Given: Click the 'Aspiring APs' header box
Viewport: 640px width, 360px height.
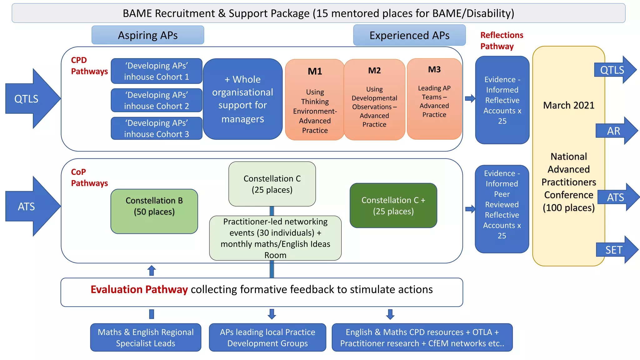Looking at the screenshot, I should click(147, 35).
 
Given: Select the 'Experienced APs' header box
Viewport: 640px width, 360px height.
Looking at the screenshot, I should click(409, 35).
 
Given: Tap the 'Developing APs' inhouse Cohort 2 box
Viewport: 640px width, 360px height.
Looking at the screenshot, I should click(156, 100).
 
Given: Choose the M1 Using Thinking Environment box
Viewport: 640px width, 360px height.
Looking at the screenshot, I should click(314, 100).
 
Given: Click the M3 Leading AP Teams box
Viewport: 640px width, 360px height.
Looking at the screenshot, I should click(434, 99).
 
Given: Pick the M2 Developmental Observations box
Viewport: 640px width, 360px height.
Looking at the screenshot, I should click(374, 100).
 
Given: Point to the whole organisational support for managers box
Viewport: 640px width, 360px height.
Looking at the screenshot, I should click(242, 99).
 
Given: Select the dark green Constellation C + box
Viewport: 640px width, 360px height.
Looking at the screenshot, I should click(393, 205).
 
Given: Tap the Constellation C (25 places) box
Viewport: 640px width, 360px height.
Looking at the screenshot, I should click(272, 184).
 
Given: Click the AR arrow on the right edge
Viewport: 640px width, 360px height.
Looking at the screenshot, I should click(616, 131).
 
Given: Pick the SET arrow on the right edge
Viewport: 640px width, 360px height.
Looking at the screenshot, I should click(616, 250).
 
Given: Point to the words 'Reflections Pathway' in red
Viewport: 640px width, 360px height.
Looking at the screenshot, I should click(501, 41).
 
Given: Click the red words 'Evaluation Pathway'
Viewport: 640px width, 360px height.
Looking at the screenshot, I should click(139, 289).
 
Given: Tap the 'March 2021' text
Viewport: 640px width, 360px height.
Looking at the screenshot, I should click(568, 105).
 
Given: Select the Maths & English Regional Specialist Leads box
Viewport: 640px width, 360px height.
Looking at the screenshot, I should click(146, 337).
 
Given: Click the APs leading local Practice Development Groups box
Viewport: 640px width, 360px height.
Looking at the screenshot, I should click(267, 337).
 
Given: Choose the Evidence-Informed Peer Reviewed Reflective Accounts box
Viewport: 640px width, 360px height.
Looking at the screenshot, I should click(502, 209).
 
